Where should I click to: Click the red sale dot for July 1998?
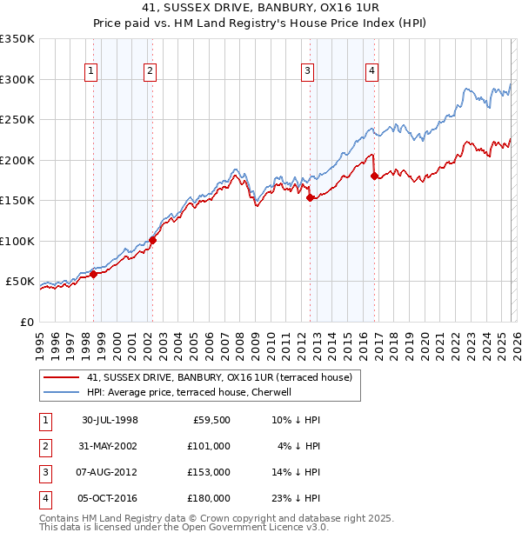click(93, 274)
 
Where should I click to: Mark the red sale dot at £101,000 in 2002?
click(152, 240)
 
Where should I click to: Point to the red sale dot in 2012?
click(310, 198)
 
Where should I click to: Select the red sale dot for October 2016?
click(374, 176)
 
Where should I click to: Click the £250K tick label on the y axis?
click(17, 119)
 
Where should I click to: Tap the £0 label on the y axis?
click(27, 322)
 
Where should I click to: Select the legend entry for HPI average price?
click(191, 392)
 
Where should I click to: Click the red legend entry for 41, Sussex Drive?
click(218, 377)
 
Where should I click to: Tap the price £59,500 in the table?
click(211, 420)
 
